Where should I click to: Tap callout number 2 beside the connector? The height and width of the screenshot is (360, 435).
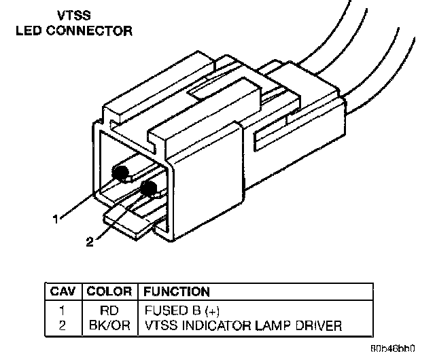[x=90, y=240]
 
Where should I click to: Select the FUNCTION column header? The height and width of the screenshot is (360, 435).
[x=176, y=292]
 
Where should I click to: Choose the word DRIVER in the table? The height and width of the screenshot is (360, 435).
[x=318, y=325]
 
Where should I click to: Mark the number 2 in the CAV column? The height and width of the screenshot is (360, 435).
[x=63, y=325]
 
